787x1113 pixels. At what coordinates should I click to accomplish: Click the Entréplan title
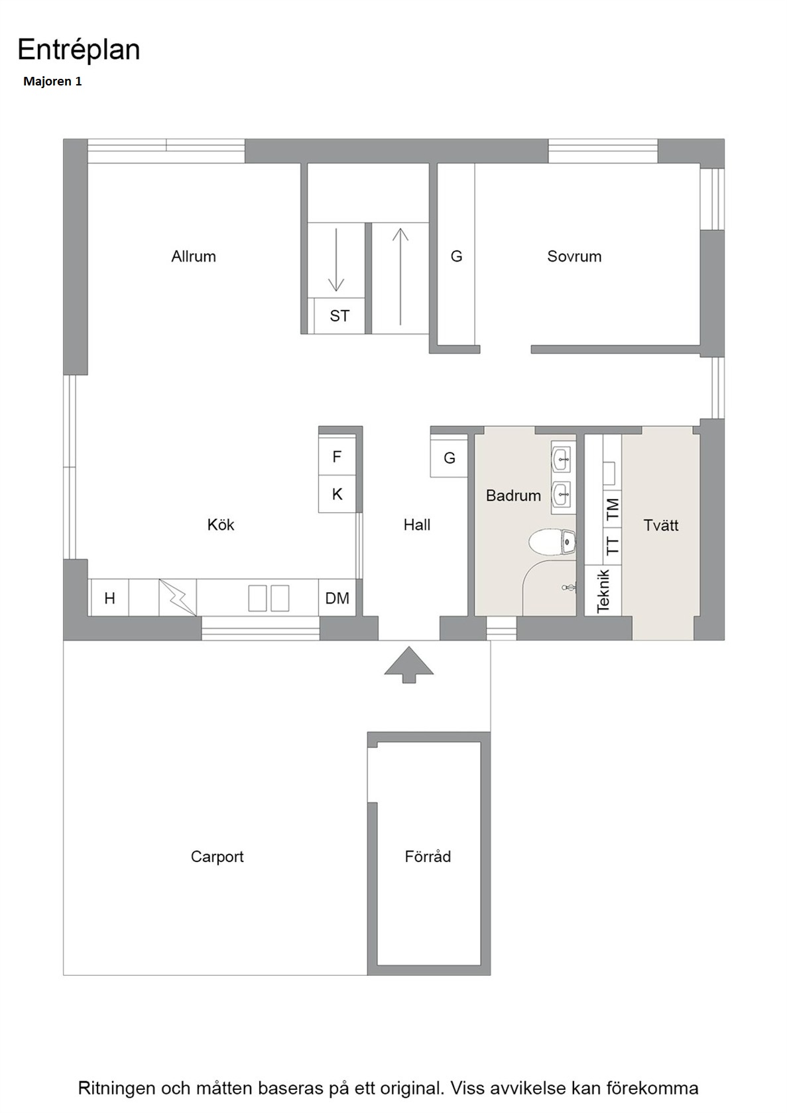coord(78,50)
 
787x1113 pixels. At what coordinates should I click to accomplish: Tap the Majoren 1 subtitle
coord(52,81)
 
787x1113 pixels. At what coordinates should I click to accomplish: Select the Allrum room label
coord(194,256)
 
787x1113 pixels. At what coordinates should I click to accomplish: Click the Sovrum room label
coord(574,256)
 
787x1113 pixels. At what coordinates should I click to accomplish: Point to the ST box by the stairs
coord(339,315)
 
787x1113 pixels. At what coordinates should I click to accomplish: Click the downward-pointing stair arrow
coord(336,260)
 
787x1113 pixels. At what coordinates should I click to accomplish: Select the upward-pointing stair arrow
coord(400,276)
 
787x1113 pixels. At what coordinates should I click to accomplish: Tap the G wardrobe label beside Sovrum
coord(456,256)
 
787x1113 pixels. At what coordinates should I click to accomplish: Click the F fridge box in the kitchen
coord(337,456)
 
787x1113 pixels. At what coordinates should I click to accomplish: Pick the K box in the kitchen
coord(337,494)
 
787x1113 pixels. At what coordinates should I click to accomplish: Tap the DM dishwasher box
coord(337,598)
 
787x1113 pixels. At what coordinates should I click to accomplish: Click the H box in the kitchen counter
coord(109,598)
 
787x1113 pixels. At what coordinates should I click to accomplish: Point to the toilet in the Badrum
coord(552,542)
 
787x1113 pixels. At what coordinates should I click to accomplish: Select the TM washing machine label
coord(613,509)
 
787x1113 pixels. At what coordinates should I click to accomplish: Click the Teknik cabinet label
coord(603,591)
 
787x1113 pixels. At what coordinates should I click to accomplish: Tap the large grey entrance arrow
coord(408,665)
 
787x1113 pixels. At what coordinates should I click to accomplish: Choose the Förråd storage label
coord(428,856)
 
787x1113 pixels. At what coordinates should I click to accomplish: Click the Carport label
coord(217,857)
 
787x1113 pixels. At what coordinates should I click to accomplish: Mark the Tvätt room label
coord(661,525)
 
